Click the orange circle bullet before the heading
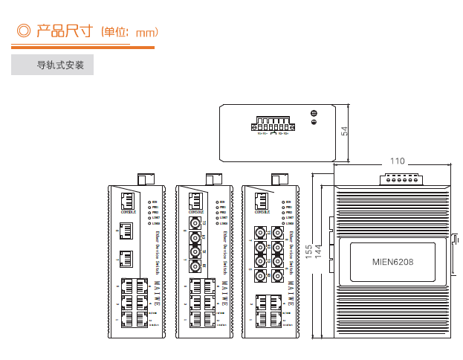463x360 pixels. coord(23,31)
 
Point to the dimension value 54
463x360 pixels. coord(344,130)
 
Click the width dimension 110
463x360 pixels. coord(398,161)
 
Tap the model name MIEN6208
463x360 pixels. coord(392,262)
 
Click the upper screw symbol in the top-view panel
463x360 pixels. coord(314,113)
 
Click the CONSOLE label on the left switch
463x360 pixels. coord(128,212)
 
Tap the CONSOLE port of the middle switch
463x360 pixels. coord(195,201)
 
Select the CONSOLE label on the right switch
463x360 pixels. coord(262,212)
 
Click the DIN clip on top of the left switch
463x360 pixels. coord(145,179)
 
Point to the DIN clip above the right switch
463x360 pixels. coord(280,179)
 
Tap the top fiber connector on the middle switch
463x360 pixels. coord(195,223)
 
